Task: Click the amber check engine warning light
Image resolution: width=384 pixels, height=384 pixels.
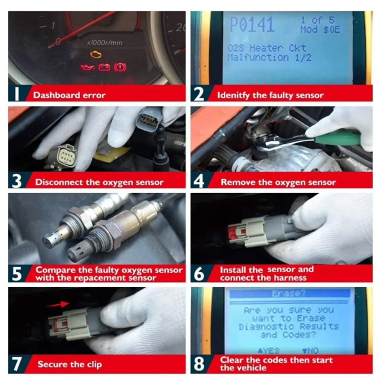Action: [x=96, y=54]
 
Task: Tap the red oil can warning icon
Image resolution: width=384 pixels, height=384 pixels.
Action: [x=87, y=68]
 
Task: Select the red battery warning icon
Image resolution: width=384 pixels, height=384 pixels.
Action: [x=104, y=67]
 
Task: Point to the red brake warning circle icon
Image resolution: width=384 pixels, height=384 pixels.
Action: [x=120, y=67]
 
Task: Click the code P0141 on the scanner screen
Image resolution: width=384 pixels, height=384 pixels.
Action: [x=252, y=24]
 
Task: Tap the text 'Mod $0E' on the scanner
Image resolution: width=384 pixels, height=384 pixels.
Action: [x=320, y=30]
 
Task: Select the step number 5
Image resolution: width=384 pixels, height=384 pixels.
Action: [x=17, y=274]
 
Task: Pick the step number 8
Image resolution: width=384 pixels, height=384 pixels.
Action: [x=199, y=364]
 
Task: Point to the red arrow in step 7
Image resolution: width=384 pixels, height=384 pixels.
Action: [x=58, y=304]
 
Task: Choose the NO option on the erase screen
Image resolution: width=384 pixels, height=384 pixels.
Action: [x=310, y=351]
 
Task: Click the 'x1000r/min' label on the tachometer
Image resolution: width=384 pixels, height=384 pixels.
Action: [x=105, y=43]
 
